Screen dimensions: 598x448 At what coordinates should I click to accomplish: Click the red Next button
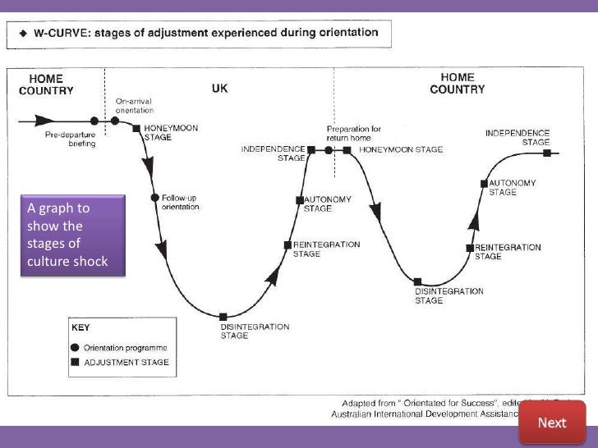[x=552, y=422]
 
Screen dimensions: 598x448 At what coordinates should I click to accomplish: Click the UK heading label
[x=220, y=88]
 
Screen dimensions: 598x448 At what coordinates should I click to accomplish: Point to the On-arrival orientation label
[x=134, y=105]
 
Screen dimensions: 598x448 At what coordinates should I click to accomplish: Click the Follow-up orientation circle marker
[x=154, y=198]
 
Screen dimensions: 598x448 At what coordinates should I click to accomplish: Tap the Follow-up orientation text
[x=181, y=203]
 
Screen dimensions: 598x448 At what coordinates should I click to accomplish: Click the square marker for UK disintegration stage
[x=223, y=317]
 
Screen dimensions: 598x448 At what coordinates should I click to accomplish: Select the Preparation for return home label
[x=354, y=133]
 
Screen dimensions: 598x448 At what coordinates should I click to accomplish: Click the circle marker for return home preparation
[x=329, y=150]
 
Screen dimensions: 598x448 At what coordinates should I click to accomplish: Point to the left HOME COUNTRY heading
[x=47, y=85]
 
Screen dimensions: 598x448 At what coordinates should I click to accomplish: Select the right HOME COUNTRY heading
[x=458, y=83]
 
